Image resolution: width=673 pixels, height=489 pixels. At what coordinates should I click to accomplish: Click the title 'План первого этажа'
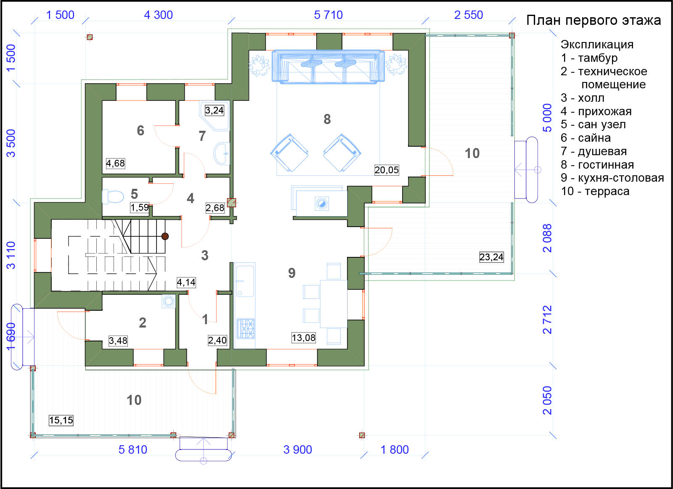click(594, 21)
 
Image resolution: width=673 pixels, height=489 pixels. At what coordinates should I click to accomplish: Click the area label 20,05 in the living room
click(387, 170)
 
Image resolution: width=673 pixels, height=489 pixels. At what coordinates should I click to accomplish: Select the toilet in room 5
click(113, 197)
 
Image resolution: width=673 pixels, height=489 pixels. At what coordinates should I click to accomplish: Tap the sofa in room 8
click(328, 67)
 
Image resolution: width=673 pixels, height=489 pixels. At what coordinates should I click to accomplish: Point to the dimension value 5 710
click(328, 15)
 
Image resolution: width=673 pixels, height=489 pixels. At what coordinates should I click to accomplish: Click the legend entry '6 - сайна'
click(586, 138)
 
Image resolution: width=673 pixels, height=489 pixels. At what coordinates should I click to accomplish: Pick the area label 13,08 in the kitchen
click(303, 338)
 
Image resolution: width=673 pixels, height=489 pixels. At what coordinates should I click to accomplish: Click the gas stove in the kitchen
click(246, 329)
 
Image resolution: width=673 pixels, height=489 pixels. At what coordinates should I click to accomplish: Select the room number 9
click(291, 273)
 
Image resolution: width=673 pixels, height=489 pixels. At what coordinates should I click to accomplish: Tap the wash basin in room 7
click(222, 154)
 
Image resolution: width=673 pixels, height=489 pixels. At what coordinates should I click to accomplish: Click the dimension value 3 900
click(297, 449)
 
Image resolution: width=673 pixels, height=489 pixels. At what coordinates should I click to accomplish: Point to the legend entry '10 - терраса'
click(595, 191)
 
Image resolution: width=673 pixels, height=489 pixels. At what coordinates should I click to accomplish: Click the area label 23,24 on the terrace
click(491, 257)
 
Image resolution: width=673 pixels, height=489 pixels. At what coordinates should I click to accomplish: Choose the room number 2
click(143, 322)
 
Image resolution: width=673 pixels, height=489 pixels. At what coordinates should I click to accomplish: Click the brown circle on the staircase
click(165, 236)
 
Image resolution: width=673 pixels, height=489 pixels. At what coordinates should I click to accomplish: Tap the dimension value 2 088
click(547, 238)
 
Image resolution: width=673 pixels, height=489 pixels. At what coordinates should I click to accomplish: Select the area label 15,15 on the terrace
click(61, 420)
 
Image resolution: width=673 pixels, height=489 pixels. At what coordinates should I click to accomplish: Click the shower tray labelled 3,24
click(215, 115)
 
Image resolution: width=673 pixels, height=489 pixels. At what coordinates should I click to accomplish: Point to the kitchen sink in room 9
click(245, 281)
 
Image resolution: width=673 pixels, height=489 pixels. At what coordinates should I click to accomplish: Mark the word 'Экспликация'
click(597, 45)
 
